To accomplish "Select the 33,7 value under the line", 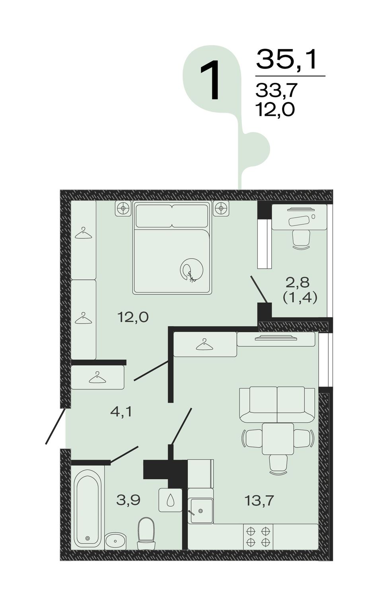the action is click(277, 90).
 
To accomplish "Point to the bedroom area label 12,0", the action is click(133, 317).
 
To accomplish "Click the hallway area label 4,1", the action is click(121, 412).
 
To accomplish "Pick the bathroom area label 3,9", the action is click(129, 500).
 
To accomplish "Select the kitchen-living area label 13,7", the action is click(259, 500).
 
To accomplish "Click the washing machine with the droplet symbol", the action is click(170, 500).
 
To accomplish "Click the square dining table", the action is click(278, 439).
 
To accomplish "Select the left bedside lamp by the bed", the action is click(123, 208).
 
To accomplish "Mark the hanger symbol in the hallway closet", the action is click(97, 377).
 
